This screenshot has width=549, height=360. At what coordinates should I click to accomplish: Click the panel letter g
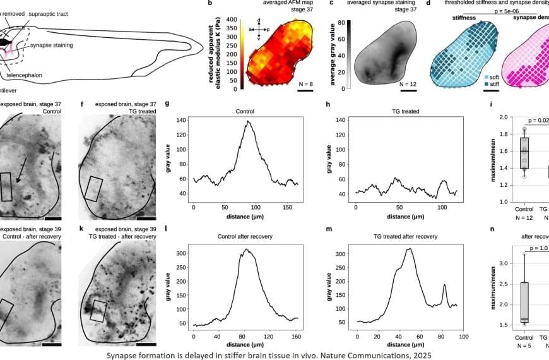pos(167,104)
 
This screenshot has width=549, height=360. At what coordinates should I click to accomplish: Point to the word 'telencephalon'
pos(25,75)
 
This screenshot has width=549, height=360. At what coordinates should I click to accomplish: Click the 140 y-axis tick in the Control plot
pos(183,120)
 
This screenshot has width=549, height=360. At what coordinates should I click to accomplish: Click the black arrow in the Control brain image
pos(21,174)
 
